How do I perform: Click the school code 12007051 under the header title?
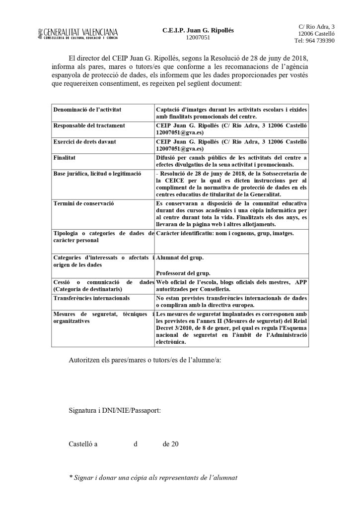[x=198, y=37]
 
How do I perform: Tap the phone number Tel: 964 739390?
[x=314, y=41]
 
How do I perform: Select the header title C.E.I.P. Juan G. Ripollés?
[x=198, y=30]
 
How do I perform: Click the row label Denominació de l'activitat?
[x=87, y=109]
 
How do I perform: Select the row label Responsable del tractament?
[x=89, y=126]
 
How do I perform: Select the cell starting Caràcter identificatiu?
[x=225, y=233]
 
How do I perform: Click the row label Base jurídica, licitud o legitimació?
[x=97, y=174]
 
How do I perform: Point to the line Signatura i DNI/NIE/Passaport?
[x=114, y=411]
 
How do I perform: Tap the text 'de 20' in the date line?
[x=170, y=444]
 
